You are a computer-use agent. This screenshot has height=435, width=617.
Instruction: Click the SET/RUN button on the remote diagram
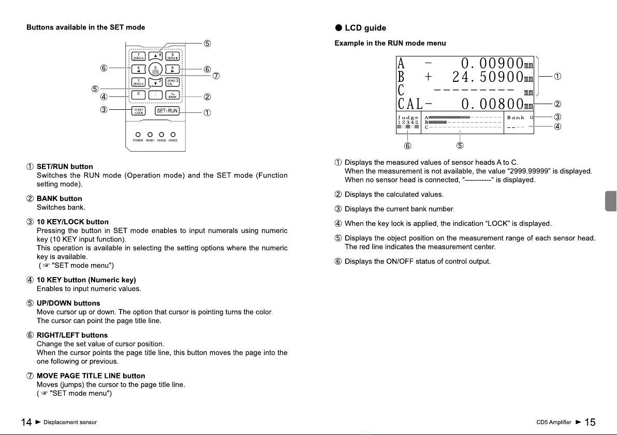click(167, 111)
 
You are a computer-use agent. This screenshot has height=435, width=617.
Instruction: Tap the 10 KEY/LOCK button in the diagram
click(138, 111)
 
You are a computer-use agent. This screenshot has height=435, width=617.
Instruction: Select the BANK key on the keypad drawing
click(172, 95)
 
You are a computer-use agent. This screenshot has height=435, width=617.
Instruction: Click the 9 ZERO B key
click(172, 56)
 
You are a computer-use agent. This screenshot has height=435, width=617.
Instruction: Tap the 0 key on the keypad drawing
click(138, 94)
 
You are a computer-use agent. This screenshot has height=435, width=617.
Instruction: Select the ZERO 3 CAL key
click(172, 81)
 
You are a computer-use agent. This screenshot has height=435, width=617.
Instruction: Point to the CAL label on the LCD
click(409, 104)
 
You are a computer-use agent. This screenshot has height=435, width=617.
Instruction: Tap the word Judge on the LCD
click(408, 118)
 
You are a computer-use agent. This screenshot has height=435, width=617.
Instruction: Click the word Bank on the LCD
click(516, 118)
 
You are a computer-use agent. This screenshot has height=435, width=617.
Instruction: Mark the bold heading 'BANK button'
click(59, 198)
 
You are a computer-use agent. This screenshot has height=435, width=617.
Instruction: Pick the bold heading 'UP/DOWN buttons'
click(68, 303)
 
